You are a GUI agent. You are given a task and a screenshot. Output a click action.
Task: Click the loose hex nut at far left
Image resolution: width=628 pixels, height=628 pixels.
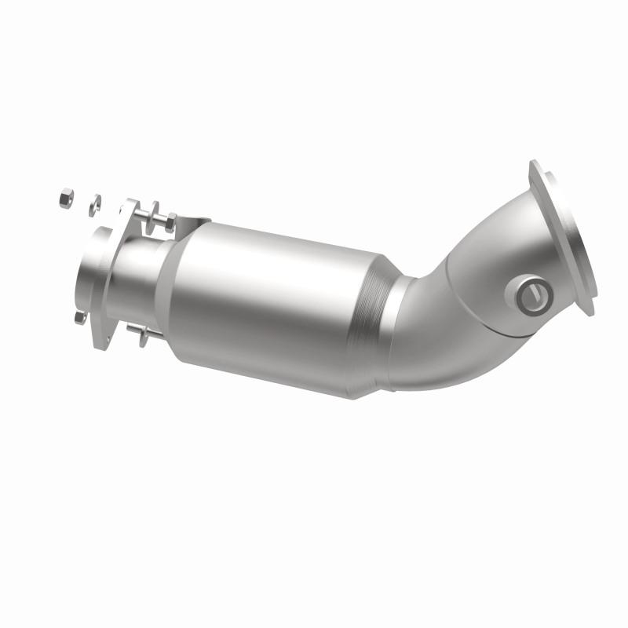65,199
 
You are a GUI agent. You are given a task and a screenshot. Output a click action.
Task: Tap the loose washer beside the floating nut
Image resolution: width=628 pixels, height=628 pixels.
94,203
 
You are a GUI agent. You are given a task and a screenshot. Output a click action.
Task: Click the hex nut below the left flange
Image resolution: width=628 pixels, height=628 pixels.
78,317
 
